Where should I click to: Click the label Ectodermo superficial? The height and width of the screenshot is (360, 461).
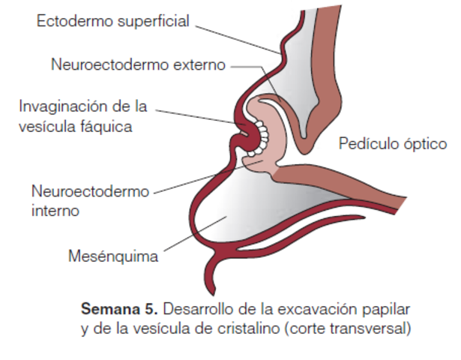tap(113, 20)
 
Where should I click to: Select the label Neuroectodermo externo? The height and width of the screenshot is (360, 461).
tap(138, 64)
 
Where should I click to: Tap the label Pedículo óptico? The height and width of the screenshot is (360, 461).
tap(392, 142)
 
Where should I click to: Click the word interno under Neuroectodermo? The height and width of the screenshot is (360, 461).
tap(55, 210)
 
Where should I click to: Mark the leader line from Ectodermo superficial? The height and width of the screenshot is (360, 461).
tap(240, 37)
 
